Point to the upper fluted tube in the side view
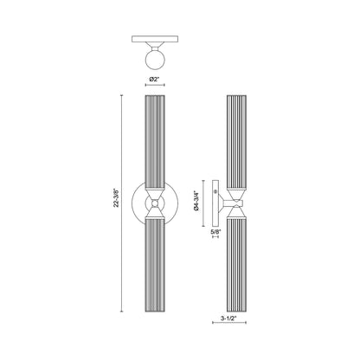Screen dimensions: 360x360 click(x=236, y=138)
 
